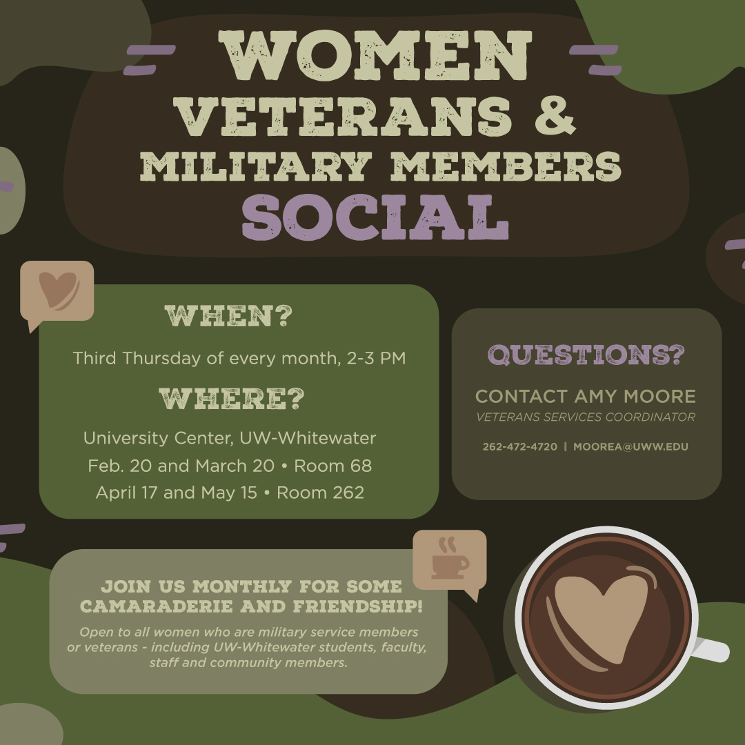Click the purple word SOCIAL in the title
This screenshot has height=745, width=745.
[x=375, y=217]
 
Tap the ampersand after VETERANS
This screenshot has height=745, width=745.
[x=555, y=115]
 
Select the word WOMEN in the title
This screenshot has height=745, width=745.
[x=375, y=56]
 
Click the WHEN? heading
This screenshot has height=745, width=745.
[x=228, y=316]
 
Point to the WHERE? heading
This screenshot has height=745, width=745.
[x=231, y=399]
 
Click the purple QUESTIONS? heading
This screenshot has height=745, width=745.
[x=586, y=355]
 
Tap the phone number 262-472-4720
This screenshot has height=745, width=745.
[x=520, y=446]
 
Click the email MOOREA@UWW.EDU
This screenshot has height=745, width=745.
[x=630, y=446]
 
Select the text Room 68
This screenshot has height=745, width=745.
[x=332, y=466]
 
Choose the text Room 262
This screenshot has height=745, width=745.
[x=320, y=493]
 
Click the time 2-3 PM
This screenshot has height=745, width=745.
[x=377, y=358]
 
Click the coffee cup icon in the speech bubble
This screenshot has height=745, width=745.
[x=450, y=559]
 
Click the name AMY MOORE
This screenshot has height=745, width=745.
[x=635, y=396]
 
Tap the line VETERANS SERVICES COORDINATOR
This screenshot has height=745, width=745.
[x=586, y=417]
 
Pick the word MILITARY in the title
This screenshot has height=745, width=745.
[x=256, y=166]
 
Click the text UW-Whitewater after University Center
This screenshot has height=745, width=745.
[x=308, y=438]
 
